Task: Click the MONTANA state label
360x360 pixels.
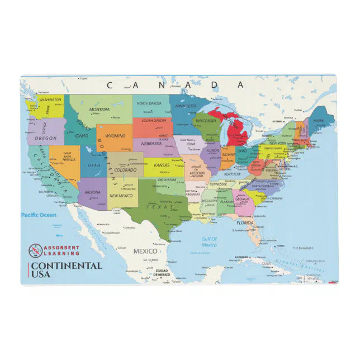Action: [x=100, y=109]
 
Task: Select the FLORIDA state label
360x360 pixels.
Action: [x=244, y=222]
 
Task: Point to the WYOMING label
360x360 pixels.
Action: [x=115, y=135]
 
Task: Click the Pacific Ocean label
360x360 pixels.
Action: [x=39, y=215]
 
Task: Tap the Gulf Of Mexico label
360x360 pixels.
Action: [x=209, y=241]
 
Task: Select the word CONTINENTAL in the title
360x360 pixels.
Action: [x=67, y=266]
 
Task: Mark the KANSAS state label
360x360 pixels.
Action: [x=162, y=165]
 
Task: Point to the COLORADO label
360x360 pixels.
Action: [x=125, y=169]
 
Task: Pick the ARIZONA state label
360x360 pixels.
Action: [x=93, y=192]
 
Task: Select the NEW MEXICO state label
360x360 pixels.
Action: [x=121, y=196]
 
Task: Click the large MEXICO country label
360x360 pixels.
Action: [x=145, y=251]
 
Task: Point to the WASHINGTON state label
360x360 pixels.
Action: [x=50, y=100]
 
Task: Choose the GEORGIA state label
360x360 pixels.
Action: [x=242, y=199]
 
